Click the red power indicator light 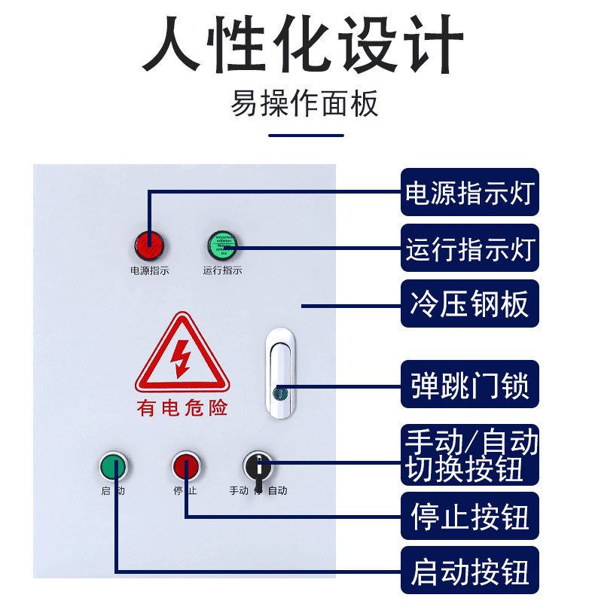pos(149,244)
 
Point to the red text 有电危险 pos(182,408)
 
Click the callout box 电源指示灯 pos(469,192)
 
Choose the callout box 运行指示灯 pos(469,248)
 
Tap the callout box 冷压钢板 pos(469,303)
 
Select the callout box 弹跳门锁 pos(469,386)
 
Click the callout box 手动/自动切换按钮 pos(469,454)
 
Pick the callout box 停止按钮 pos(469,517)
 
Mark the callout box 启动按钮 pos(469,572)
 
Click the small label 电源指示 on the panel pos(149,270)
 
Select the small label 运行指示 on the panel pos(222,270)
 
